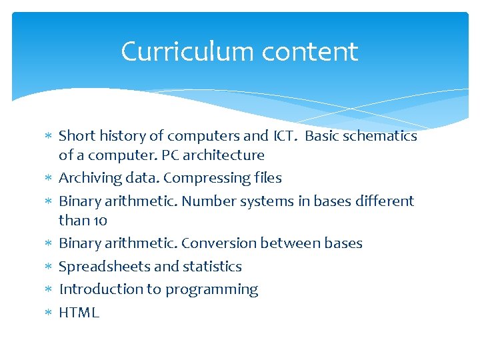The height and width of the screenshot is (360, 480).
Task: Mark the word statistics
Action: (x=212, y=267)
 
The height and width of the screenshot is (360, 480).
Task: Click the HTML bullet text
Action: (x=79, y=313)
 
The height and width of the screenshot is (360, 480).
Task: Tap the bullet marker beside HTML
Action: (x=47, y=313)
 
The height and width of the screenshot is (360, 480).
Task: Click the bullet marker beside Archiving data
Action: (x=47, y=179)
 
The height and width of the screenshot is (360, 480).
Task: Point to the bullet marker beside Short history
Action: (x=47, y=137)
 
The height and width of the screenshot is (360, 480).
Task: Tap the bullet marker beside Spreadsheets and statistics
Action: (x=47, y=267)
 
